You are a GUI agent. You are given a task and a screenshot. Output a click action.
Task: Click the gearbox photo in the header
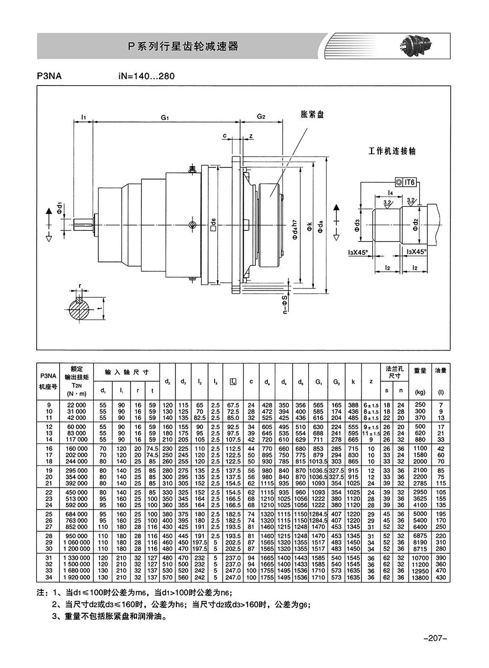(x=415, y=45)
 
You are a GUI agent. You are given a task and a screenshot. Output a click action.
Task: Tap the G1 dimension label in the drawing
(x=165, y=117)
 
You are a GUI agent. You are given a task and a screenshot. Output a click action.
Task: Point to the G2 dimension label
(x=261, y=116)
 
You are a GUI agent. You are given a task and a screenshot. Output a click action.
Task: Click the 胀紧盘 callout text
(x=312, y=114)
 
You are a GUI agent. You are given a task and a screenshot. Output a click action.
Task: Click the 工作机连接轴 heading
(x=392, y=151)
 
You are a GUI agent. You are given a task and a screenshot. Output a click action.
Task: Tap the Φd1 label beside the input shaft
(x=60, y=208)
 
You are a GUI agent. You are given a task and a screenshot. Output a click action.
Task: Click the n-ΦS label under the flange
(x=286, y=305)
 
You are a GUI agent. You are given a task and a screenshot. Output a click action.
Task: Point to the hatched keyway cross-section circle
(x=79, y=310)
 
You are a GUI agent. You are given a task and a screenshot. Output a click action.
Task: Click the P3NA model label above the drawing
(x=49, y=76)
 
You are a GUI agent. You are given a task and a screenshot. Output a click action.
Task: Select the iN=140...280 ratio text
(x=146, y=76)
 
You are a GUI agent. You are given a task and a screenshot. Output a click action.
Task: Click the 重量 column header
(x=420, y=370)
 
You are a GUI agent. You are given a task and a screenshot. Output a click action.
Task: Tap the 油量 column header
(x=441, y=370)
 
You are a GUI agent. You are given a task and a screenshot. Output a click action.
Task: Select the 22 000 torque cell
(x=77, y=405)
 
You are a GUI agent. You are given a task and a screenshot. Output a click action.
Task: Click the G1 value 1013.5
(x=318, y=461)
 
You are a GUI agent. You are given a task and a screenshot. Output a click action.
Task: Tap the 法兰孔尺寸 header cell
(x=394, y=372)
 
